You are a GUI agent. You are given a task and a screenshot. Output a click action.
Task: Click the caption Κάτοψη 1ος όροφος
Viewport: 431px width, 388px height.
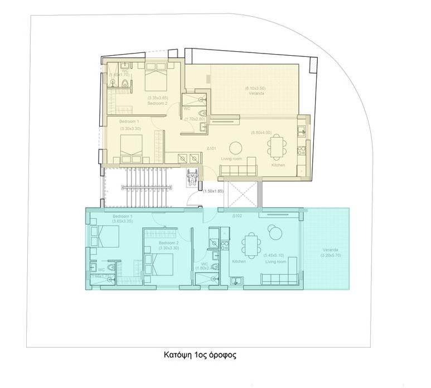200,355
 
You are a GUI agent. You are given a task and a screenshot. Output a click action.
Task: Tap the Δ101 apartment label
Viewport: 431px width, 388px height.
211,149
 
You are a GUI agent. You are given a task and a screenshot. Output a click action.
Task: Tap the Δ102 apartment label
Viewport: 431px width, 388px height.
236,216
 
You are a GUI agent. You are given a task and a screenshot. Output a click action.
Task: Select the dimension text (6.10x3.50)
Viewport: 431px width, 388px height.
256,89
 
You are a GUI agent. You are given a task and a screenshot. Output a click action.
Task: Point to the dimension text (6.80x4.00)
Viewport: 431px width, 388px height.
261,133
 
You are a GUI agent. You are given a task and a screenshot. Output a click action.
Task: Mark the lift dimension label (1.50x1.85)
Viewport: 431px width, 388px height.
213,191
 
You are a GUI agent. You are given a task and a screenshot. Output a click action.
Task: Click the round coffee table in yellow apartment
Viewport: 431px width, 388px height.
236,148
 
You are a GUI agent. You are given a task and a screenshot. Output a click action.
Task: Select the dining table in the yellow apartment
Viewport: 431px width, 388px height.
277,146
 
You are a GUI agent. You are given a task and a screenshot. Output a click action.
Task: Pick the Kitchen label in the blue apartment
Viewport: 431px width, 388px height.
239,261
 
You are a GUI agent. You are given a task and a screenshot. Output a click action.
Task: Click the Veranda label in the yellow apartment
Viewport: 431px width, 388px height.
256,94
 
